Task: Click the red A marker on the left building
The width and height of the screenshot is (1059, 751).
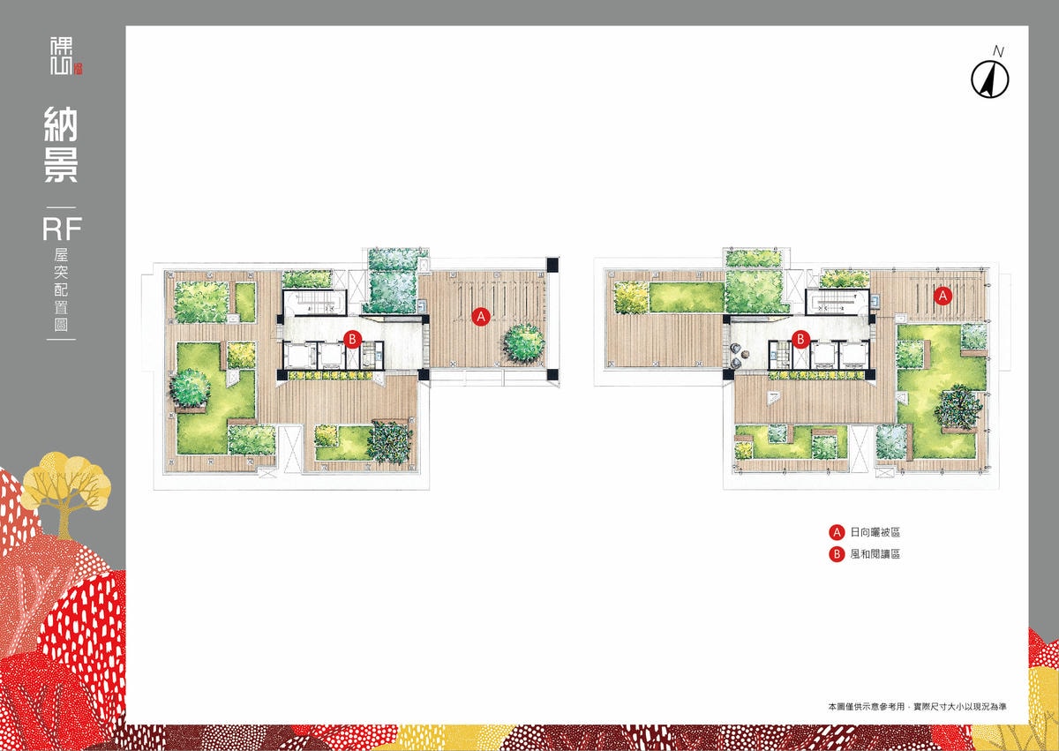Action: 481,316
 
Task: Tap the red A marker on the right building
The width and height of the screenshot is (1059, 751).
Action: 943,296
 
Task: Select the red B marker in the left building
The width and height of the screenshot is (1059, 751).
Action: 352,339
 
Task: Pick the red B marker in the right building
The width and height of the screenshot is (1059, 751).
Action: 800,339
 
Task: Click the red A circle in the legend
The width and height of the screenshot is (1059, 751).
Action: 837,532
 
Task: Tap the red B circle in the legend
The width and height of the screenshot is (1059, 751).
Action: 837,554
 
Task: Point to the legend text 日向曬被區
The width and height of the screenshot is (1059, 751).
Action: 875,532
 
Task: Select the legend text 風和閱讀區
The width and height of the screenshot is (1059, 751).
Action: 875,554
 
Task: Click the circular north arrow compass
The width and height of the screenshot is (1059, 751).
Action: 990,79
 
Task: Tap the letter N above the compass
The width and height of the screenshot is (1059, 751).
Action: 998,51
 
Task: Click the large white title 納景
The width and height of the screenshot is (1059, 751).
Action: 61,145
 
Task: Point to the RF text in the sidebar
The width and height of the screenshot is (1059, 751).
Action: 62,229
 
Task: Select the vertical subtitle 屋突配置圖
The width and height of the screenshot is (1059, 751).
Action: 61,289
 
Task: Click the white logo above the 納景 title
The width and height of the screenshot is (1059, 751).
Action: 66,56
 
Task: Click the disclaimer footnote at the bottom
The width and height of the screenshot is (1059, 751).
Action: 917,720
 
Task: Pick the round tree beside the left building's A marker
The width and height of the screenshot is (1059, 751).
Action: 524,342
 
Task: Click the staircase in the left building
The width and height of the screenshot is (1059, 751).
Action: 315,302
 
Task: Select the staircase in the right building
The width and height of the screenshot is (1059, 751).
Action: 837,302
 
